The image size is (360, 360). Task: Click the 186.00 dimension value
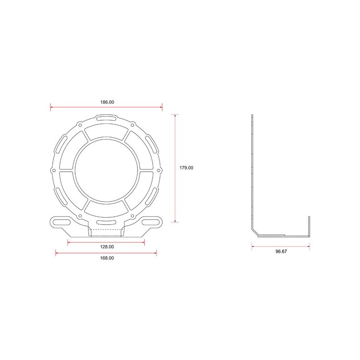pos(107,103)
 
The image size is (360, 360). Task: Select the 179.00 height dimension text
pos(186,168)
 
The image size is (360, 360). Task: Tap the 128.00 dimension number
pos(107,247)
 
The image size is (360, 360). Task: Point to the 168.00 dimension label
pos(107,258)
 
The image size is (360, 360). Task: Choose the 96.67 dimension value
pos(281,251)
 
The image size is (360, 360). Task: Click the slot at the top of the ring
pos(106,119)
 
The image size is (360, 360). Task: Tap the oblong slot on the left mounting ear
pos(61,222)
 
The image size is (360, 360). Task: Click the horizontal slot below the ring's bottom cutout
pos(106,222)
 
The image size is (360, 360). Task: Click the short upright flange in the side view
pos(310,226)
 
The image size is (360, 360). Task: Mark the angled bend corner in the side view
pos(255,232)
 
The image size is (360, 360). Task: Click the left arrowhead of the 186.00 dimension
pos(51,108)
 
